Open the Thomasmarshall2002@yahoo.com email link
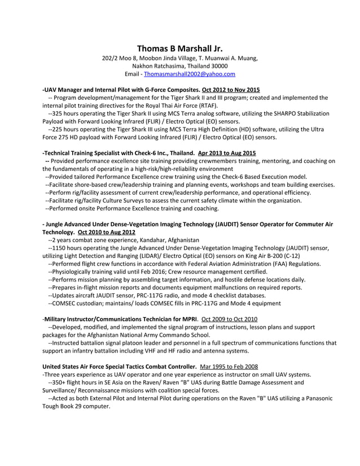pyautogui.click(x=190, y=74)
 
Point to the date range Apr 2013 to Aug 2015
pyautogui.click(x=227, y=153)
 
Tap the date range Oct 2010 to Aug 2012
pyautogui.click(x=107, y=232)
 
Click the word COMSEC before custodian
pyautogui.click(x=63, y=303)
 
